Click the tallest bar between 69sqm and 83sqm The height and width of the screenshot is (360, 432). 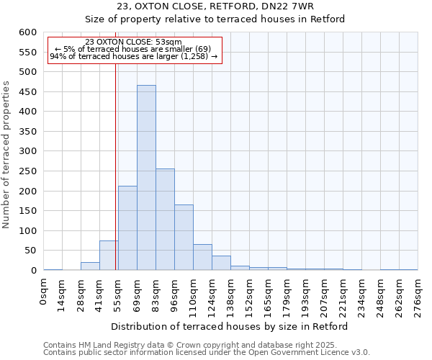pyautogui.click(x=146, y=178)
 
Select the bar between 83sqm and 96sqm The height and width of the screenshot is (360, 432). pyautogui.click(x=165, y=220)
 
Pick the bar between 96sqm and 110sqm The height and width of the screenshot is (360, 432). pyautogui.click(x=184, y=238)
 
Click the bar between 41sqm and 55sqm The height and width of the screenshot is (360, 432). pyautogui.click(x=109, y=256)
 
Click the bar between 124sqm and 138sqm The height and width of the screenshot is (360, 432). pyautogui.click(x=221, y=264)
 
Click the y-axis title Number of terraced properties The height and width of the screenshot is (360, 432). pyautogui.click(x=6, y=155)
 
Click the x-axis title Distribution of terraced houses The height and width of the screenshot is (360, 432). pyautogui.click(x=230, y=326)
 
